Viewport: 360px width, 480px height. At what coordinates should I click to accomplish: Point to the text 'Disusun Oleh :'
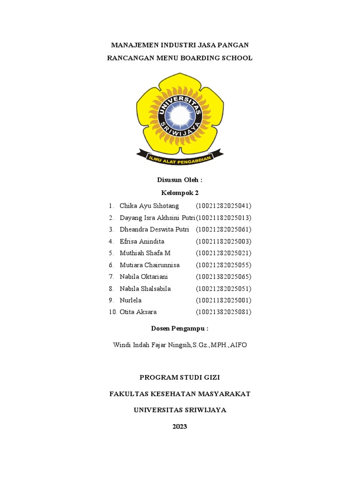(180, 180)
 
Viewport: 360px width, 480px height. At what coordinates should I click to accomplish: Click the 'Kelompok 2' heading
(180, 192)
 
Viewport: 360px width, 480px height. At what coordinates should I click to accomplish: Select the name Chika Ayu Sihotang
(149, 206)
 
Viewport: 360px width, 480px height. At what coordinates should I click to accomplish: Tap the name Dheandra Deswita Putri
(154, 230)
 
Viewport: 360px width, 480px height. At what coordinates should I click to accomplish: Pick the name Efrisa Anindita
(142, 241)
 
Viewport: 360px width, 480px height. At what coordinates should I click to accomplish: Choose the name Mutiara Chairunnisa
(150, 265)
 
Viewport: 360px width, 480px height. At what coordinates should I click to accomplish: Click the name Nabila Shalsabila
(145, 289)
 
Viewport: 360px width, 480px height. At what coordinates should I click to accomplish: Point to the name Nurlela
(130, 300)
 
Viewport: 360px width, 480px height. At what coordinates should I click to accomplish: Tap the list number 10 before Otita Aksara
(112, 312)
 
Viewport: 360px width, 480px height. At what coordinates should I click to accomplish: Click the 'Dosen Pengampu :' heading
(180, 329)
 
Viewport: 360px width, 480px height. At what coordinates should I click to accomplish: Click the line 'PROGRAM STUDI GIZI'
(180, 377)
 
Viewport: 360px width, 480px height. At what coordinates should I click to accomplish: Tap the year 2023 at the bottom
(180, 427)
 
